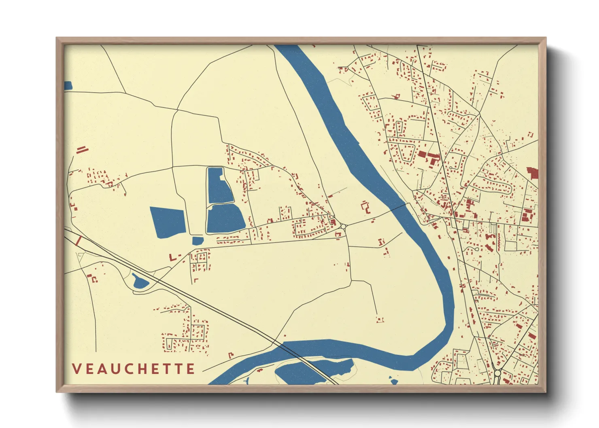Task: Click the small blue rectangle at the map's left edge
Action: tap(68, 85)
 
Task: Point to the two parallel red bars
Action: tap(82, 150)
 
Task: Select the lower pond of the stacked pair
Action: tap(225, 219)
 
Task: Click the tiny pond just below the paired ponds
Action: tap(198, 241)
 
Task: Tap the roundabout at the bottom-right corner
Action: tap(497, 373)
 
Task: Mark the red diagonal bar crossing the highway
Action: tap(79, 241)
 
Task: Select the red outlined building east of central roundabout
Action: tap(366, 207)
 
